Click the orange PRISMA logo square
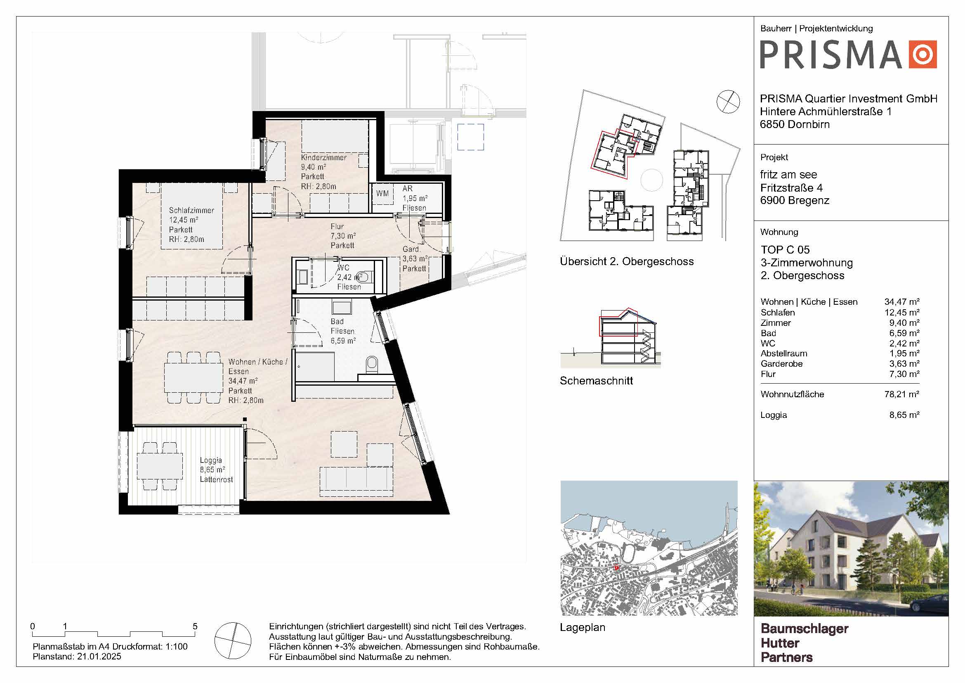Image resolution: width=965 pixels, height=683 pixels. (923, 54)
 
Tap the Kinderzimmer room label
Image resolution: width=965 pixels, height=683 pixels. (323, 157)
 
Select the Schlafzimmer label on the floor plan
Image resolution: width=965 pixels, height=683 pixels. (191, 210)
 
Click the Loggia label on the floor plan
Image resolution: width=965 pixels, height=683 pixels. (210, 460)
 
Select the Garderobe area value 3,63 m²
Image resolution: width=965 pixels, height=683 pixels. (904, 364)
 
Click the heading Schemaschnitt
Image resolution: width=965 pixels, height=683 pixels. (596, 381)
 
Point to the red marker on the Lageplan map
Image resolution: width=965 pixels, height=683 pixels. (616, 568)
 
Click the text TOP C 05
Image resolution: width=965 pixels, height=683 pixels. (785, 250)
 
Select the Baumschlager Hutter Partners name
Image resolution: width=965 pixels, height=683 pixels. (804, 643)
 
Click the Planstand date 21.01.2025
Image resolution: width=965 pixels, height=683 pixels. (99, 657)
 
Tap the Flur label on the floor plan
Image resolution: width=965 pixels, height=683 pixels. (337, 227)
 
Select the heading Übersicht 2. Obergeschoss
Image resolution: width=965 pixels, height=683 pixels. (627, 261)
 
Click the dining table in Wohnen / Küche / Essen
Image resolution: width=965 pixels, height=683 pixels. (193, 377)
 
